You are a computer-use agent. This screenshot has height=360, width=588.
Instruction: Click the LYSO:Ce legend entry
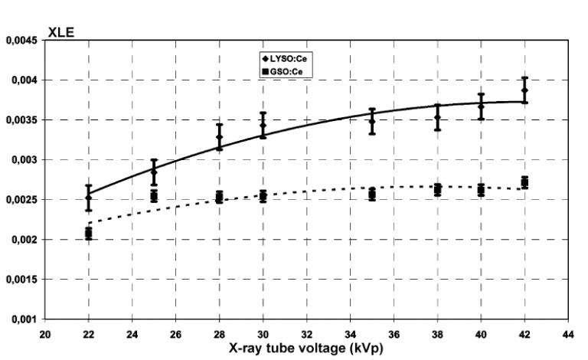(x=289, y=58)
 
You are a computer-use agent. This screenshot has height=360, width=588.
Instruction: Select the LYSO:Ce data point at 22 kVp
(x=89, y=198)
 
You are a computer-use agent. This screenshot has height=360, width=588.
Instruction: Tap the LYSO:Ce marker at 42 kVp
(x=524, y=90)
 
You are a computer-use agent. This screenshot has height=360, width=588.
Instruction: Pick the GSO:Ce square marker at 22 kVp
(x=89, y=233)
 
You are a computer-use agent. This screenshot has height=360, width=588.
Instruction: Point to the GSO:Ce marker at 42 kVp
(x=524, y=182)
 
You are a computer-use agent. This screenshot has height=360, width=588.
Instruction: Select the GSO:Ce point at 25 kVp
(x=154, y=197)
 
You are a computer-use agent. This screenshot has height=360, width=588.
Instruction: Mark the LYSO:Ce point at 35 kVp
(x=372, y=121)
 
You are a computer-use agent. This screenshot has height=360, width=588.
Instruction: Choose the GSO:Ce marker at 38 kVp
(x=437, y=189)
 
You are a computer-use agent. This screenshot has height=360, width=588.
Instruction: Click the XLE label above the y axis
(x=60, y=32)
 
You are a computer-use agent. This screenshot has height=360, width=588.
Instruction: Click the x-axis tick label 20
(x=45, y=334)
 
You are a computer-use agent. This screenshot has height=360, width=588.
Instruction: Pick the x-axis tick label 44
(x=567, y=334)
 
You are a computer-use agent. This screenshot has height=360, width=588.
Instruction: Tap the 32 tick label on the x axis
(x=306, y=334)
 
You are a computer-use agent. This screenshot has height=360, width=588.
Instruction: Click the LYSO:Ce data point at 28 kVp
(x=219, y=137)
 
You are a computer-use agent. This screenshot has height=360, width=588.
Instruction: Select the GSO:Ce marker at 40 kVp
(x=481, y=189)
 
